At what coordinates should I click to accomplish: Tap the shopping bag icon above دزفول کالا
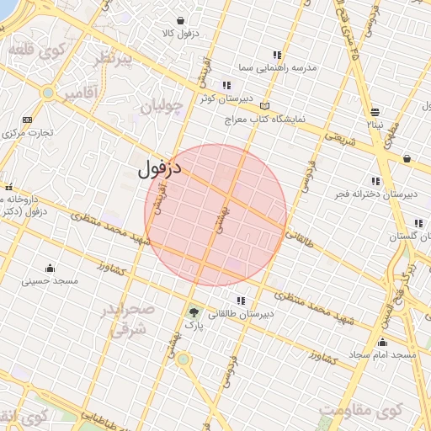[x=181, y=21]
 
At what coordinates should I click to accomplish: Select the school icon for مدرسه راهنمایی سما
[x=279, y=54]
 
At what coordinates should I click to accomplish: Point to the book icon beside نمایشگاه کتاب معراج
[x=265, y=107]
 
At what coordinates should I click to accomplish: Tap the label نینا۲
[x=375, y=124]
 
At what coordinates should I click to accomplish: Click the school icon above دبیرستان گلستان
[x=418, y=223]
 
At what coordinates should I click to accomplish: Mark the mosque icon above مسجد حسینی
[x=50, y=269]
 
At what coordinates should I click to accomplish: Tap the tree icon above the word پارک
[x=194, y=311]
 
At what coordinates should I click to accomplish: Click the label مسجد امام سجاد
[x=384, y=354]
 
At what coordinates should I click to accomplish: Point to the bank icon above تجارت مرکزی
[x=28, y=120]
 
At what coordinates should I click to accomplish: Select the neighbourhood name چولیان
[x=162, y=108]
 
